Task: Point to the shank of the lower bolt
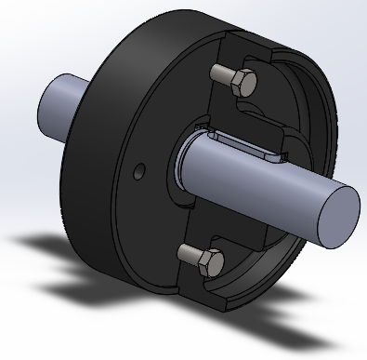[188, 252]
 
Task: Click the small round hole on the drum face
[138, 171]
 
